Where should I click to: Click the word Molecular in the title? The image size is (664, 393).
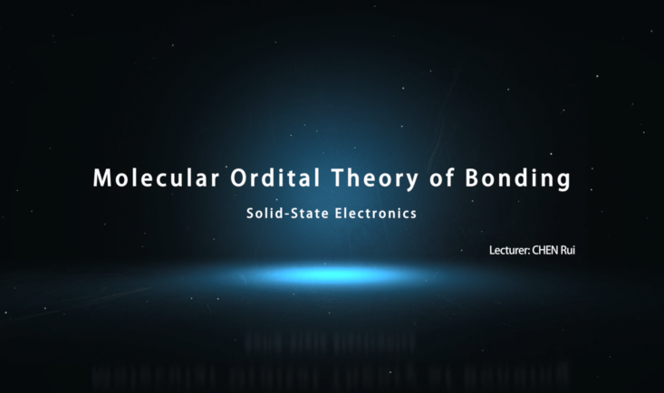click(x=156, y=177)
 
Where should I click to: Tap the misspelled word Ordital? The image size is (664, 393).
click(x=275, y=177)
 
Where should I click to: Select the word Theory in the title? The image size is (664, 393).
click(x=375, y=179)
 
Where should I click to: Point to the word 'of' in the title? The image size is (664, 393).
click(x=442, y=177)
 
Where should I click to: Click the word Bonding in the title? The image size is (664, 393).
click(x=518, y=179)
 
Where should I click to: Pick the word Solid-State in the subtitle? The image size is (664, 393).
click(x=287, y=213)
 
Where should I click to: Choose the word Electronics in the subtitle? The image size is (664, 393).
click(x=376, y=213)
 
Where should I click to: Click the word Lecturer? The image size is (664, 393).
click(x=508, y=250)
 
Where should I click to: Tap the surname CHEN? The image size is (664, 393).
click(x=545, y=250)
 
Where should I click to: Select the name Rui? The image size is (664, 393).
click(x=568, y=250)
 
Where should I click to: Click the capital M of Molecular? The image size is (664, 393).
click(x=101, y=177)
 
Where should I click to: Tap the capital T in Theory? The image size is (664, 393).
click(x=339, y=177)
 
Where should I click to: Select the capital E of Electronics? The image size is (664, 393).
click(x=339, y=213)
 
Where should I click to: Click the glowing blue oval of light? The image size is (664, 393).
click(x=332, y=275)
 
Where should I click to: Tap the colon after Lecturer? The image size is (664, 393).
click(x=529, y=252)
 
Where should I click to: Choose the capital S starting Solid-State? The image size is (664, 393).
click(x=250, y=213)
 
